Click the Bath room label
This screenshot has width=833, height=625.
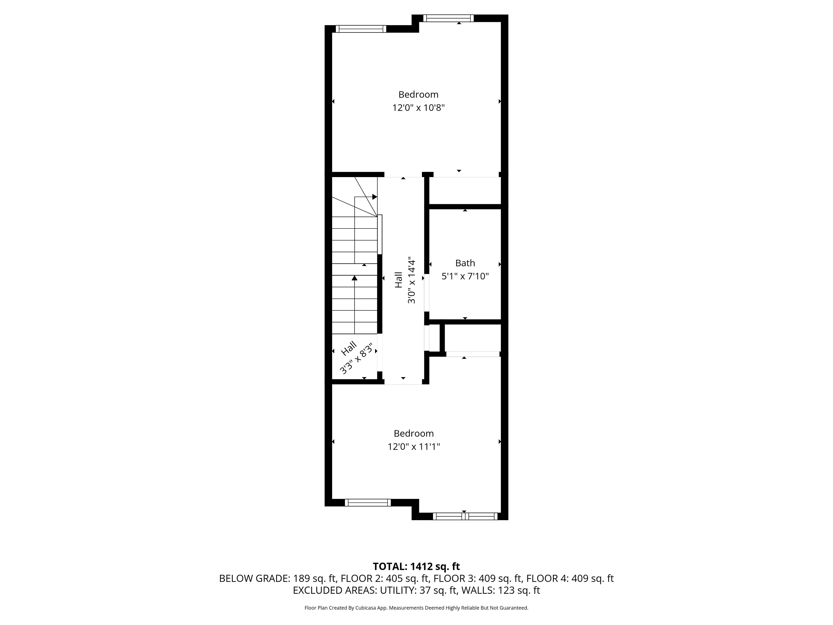[x=465, y=263]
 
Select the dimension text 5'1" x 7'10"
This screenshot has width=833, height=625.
[x=465, y=276]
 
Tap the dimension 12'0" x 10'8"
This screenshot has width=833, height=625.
[x=418, y=108]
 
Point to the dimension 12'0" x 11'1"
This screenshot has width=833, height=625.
[x=414, y=446]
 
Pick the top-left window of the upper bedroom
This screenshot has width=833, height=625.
[x=361, y=29]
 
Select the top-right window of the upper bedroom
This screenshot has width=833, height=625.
[x=448, y=18]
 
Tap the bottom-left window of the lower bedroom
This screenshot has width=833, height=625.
[x=367, y=503]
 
